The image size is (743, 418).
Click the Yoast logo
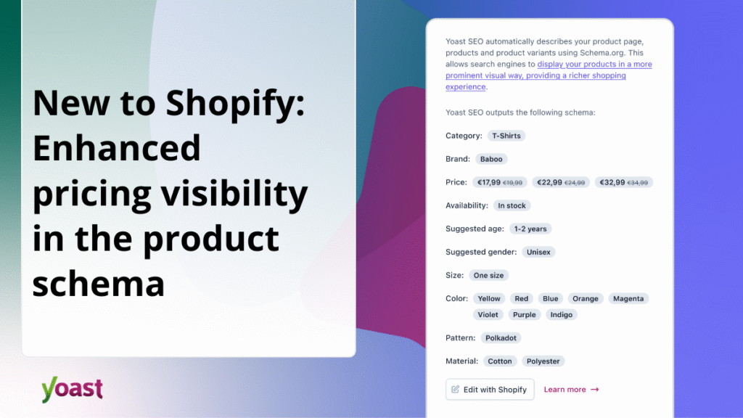pos(72,389)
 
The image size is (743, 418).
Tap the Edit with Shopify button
pos(490,390)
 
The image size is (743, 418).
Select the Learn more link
pos(571,390)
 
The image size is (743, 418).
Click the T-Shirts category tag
pos(506,136)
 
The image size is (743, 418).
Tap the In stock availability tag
pos(512,205)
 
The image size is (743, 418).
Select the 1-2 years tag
pos(530,229)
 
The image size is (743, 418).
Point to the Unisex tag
pos(538,252)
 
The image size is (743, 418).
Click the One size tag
pos(488,275)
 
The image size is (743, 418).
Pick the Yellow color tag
pos(489,298)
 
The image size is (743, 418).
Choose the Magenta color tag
pos(628,298)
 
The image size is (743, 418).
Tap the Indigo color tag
pos(562,315)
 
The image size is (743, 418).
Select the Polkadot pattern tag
pos(501,338)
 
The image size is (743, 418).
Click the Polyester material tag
pos(543,361)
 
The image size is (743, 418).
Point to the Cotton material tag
pos(500,361)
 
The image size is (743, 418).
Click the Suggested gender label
pos(481,252)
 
